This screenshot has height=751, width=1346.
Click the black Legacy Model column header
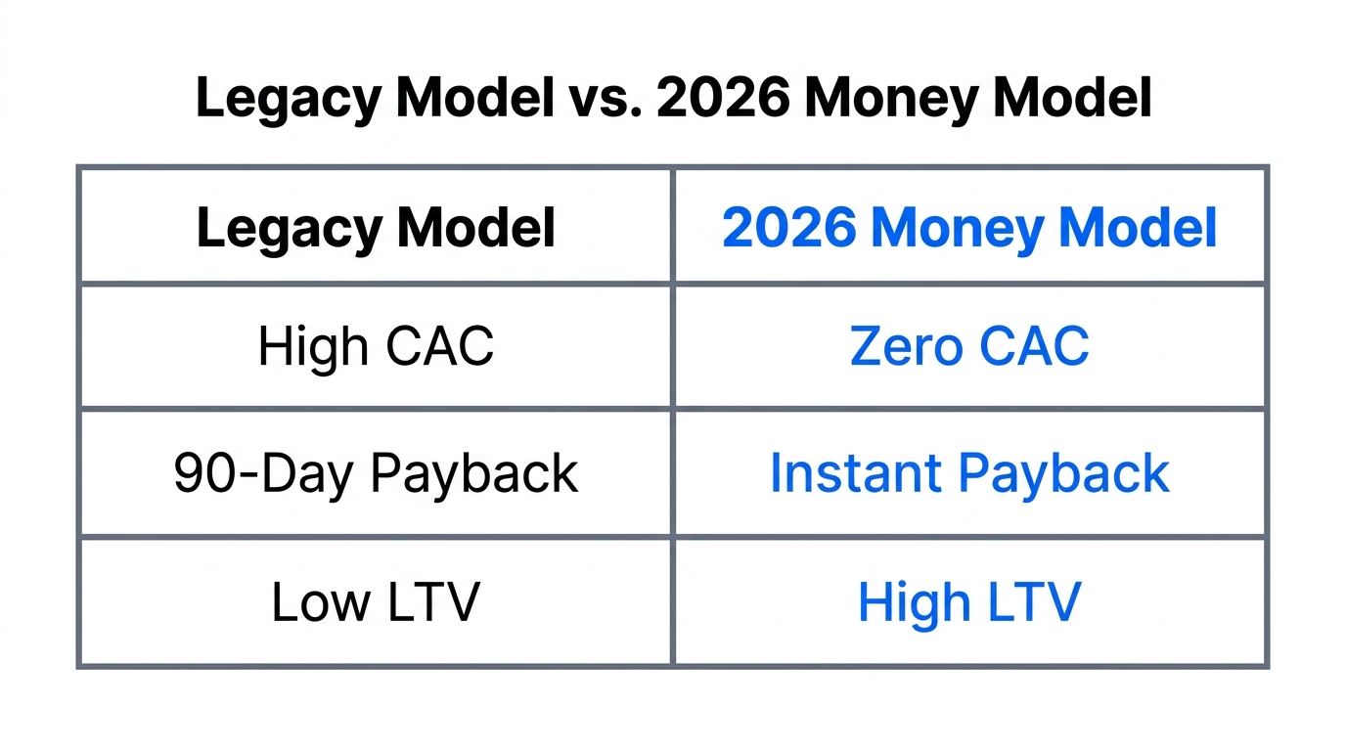click(x=376, y=228)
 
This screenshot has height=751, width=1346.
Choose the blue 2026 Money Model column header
click(x=969, y=228)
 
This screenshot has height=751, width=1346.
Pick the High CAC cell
click(x=376, y=346)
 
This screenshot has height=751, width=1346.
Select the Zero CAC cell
click(x=969, y=346)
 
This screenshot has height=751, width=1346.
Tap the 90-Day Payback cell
click(x=376, y=473)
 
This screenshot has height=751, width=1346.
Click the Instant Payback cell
click(x=969, y=473)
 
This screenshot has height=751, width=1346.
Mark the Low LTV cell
click(x=376, y=602)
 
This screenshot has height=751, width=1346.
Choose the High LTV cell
click(x=969, y=602)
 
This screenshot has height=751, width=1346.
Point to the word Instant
click(x=855, y=473)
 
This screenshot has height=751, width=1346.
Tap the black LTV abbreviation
click(x=433, y=602)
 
